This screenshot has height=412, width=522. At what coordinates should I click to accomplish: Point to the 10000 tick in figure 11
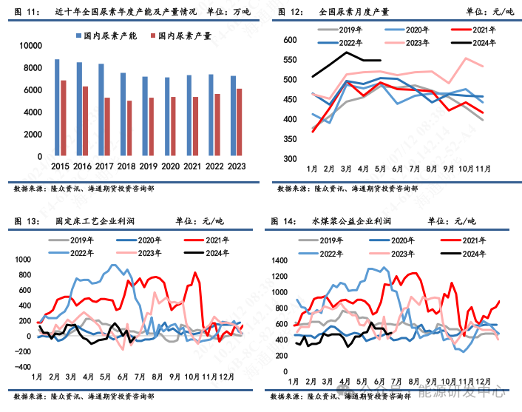tap(32, 46)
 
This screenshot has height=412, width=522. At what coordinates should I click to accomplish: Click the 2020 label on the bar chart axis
tap(170, 168)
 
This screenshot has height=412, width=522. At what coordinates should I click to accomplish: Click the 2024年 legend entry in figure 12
tap(472, 42)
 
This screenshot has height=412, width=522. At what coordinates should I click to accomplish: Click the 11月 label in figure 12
tap(484, 169)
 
